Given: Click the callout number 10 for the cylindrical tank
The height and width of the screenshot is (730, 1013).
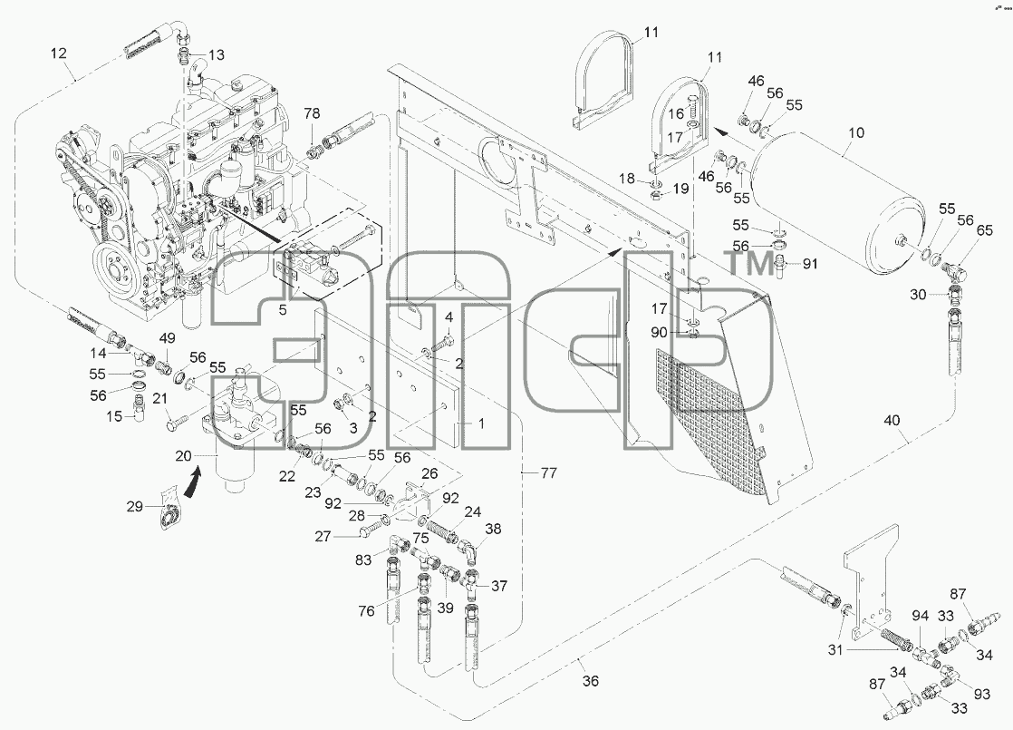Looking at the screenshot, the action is [x=855, y=133].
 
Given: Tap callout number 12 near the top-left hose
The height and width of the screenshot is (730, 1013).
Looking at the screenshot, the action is [x=58, y=53].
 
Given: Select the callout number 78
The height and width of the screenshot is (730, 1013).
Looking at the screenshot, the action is [x=312, y=113].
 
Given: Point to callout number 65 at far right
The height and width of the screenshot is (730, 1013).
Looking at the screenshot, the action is [x=985, y=230].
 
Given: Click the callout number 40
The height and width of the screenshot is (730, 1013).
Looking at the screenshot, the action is [x=892, y=421].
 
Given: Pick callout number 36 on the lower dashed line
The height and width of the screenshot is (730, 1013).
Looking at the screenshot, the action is [x=590, y=680].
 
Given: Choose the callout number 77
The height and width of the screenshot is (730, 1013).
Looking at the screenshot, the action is [x=548, y=472].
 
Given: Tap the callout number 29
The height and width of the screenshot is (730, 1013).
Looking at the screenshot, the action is [x=134, y=506].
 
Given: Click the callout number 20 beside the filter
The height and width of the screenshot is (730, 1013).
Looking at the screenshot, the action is [x=183, y=456].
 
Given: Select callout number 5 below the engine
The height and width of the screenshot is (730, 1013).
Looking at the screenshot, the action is [x=283, y=310].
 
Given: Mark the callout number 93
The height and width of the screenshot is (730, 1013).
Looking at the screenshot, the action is [x=981, y=694].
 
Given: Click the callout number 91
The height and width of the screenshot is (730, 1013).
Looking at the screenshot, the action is [x=810, y=263].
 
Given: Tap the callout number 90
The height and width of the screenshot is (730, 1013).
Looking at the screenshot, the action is [x=659, y=332].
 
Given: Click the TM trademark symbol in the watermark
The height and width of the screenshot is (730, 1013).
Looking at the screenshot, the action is [x=751, y=264].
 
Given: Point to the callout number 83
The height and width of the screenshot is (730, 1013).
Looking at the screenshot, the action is [x=363, y=560].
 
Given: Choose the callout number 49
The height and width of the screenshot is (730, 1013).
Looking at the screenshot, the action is [x=168, y=338].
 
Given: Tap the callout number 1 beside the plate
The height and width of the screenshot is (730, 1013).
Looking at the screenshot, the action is [x=481, y=423].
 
